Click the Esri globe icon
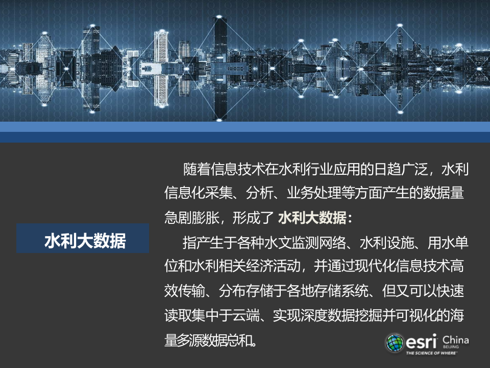click(395, 343)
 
